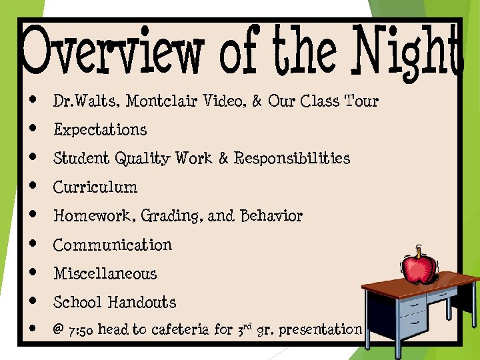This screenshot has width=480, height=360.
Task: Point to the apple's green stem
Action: pyautogui.click(x=419, y=251)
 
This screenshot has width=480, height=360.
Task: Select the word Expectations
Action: pyautogui.click(x=100, y=129)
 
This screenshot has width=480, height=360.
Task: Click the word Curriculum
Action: pyautogui.click(x=95, y=187)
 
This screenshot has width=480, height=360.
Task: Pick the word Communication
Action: pyautogui.click(x=113, y=245)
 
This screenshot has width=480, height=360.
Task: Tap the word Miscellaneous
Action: pyautogui.click(x=105, y=273)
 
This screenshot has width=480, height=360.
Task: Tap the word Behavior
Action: pyautogui.click(x=271, y=216)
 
